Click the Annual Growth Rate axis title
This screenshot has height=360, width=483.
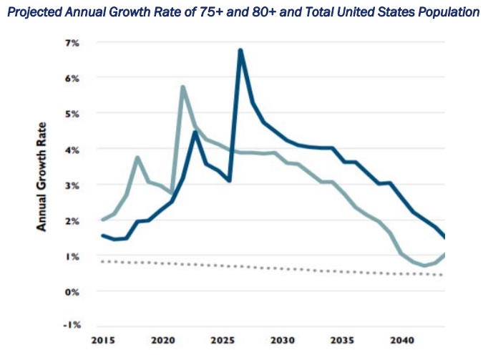click(42, 184)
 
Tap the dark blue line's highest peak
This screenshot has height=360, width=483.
click(240, 50)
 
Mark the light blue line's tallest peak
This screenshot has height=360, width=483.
click(183, 87)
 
